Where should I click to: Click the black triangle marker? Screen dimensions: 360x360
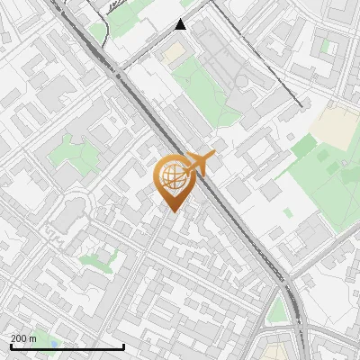181,24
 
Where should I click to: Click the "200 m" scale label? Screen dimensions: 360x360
23,338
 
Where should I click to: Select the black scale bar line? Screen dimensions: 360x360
67,347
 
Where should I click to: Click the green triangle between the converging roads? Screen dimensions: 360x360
277,310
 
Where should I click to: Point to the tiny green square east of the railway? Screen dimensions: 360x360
287,212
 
